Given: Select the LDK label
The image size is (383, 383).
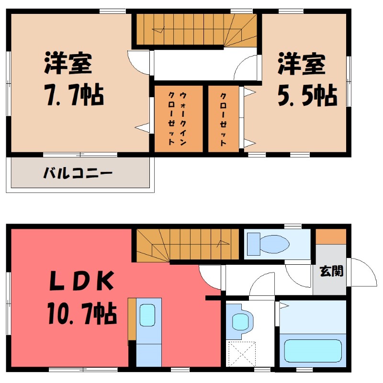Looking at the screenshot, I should click(x=82, y=282).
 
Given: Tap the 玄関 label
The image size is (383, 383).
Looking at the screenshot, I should click(x=331, y=271).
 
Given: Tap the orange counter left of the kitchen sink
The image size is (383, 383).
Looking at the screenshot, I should click(x=132, y=318).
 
